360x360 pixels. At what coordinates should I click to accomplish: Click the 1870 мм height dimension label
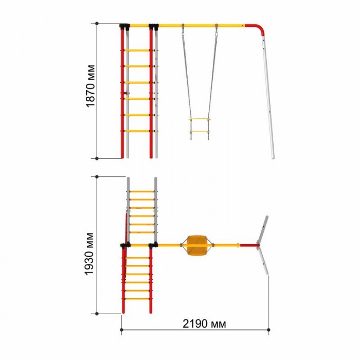91,86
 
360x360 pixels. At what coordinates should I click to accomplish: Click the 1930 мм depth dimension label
89,254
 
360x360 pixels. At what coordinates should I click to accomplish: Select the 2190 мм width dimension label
204,323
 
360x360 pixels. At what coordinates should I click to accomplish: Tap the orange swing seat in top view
197,245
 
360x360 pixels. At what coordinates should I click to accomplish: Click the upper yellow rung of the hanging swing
200,119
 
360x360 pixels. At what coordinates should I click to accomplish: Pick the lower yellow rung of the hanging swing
200,132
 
